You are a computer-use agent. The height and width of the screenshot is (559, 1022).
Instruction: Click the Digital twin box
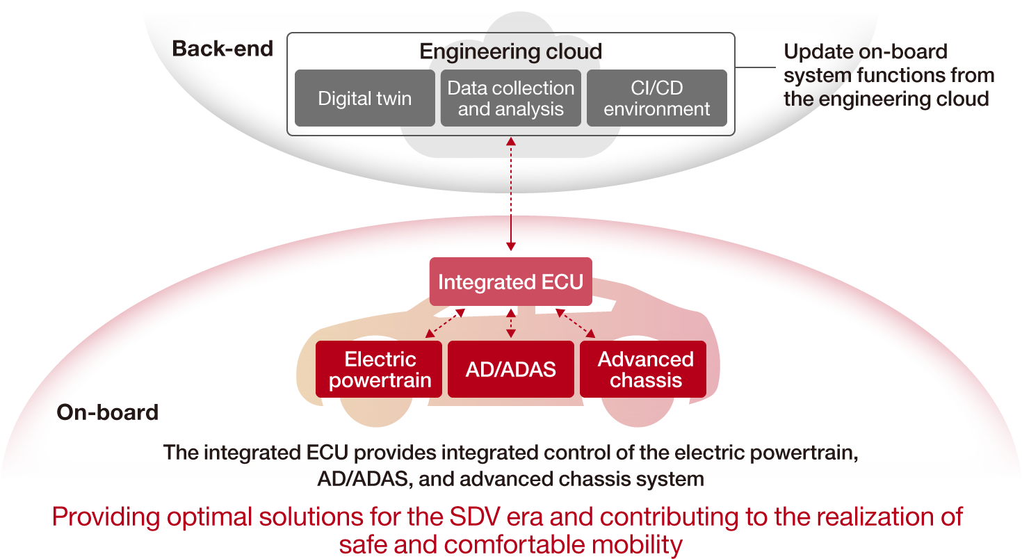364,98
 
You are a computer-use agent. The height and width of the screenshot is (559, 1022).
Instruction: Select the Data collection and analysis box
510,98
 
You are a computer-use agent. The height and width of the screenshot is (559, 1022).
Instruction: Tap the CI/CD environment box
656,98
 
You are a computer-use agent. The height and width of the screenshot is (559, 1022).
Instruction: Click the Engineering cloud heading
510,51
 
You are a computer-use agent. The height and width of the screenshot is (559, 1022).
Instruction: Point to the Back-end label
222,49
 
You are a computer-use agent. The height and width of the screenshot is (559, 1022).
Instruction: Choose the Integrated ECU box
510,282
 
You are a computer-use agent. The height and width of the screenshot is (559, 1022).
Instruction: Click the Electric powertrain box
379,369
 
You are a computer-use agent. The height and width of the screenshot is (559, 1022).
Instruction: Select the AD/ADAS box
510,369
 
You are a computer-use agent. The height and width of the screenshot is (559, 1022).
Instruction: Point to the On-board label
107,412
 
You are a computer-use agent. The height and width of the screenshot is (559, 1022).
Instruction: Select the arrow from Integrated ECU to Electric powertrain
445,323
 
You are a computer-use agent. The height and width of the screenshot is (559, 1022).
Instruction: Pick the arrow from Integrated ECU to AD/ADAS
511,323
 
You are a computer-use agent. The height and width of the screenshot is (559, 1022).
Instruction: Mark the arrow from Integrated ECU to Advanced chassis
576,323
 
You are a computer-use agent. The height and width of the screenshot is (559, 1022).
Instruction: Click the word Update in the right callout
817,52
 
